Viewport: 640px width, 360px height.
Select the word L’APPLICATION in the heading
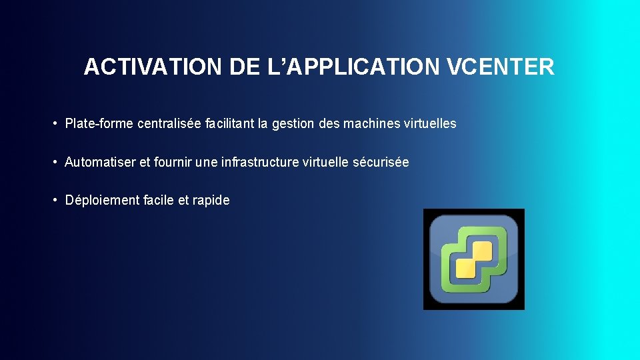(359, 67)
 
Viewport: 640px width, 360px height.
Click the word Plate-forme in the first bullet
(99, 123)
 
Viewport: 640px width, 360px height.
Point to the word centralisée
(167, 123)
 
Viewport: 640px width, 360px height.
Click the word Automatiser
(99, 162)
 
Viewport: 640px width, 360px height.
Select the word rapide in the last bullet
(211, 200)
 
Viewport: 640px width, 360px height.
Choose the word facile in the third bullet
(159, 200)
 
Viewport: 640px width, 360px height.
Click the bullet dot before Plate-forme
(57, 124)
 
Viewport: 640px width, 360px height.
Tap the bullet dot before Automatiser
(57, 163)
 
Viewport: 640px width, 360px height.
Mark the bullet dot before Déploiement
(57, 201)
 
